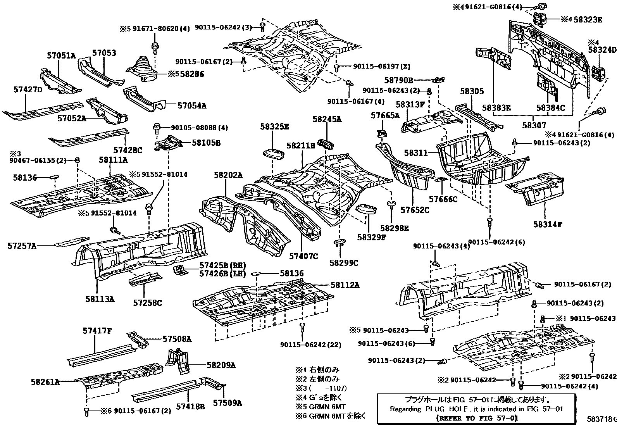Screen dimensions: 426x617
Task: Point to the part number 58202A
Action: tap(228, 175)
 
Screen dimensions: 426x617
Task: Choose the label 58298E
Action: tap(394, 228)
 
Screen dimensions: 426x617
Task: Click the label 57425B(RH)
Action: tap(223, 266)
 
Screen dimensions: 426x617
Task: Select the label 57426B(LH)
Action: tap(223, 274)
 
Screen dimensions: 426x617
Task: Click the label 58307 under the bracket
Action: tap(534, 125)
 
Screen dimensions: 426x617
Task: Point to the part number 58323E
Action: tap(588, 19)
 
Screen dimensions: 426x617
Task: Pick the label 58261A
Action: tap(45, 382)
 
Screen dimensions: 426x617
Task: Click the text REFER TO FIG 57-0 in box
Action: tap(477, 418)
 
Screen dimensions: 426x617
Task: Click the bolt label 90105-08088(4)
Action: tap(199, 127)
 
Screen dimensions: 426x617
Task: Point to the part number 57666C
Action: tap(443, 199)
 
